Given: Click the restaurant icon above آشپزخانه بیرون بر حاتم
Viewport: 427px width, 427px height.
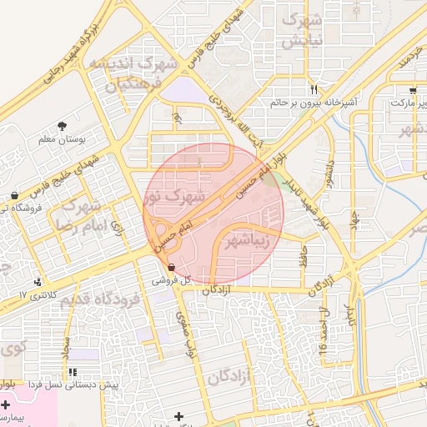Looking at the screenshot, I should tap(314, 89).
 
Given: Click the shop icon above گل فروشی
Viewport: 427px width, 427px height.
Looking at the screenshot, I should tap(171, 269).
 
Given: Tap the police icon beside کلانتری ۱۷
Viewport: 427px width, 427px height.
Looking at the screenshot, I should tap(38, 282).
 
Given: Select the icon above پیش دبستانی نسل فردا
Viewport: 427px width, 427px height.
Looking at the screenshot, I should tap(73, 372).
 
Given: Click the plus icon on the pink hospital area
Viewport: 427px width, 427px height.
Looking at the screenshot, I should tap(6, 403).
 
